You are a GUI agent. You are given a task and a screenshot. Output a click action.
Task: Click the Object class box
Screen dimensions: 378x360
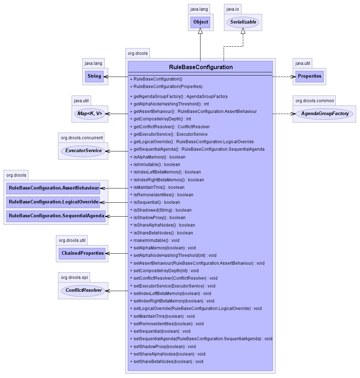click(200, 22)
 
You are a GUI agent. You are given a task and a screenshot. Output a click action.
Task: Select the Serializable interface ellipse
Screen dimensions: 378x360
click(243, 22)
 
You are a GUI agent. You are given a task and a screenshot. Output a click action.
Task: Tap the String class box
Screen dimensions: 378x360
click(94, 76)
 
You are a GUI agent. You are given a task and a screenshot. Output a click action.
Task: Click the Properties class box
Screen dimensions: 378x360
click(309, 76)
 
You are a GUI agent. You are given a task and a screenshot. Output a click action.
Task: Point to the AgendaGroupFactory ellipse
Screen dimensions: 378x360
click(324, 114)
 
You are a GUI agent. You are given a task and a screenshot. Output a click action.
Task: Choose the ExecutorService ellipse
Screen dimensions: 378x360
click(83, 151)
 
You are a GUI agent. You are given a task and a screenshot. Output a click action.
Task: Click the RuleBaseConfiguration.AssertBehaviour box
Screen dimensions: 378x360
click(54, 188)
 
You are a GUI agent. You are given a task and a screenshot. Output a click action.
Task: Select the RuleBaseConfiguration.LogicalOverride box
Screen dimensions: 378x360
click(53, 202)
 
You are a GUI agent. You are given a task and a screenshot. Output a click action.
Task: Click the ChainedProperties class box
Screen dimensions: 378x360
click(83, 253)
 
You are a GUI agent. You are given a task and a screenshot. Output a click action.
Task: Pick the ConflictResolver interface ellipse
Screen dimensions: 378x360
click(83, 290)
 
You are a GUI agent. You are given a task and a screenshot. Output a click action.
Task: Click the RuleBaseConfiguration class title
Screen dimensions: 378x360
click(201, 67)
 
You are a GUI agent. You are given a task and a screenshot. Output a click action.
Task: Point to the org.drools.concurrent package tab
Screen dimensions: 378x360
click(82, 138)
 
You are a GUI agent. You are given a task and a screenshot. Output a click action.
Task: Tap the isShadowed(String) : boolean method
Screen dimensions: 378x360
click(162, 210)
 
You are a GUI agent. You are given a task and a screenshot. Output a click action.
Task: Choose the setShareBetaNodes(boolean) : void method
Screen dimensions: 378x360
click(168, 362)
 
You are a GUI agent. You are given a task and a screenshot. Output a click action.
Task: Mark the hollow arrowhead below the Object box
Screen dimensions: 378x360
click(200, 31)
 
